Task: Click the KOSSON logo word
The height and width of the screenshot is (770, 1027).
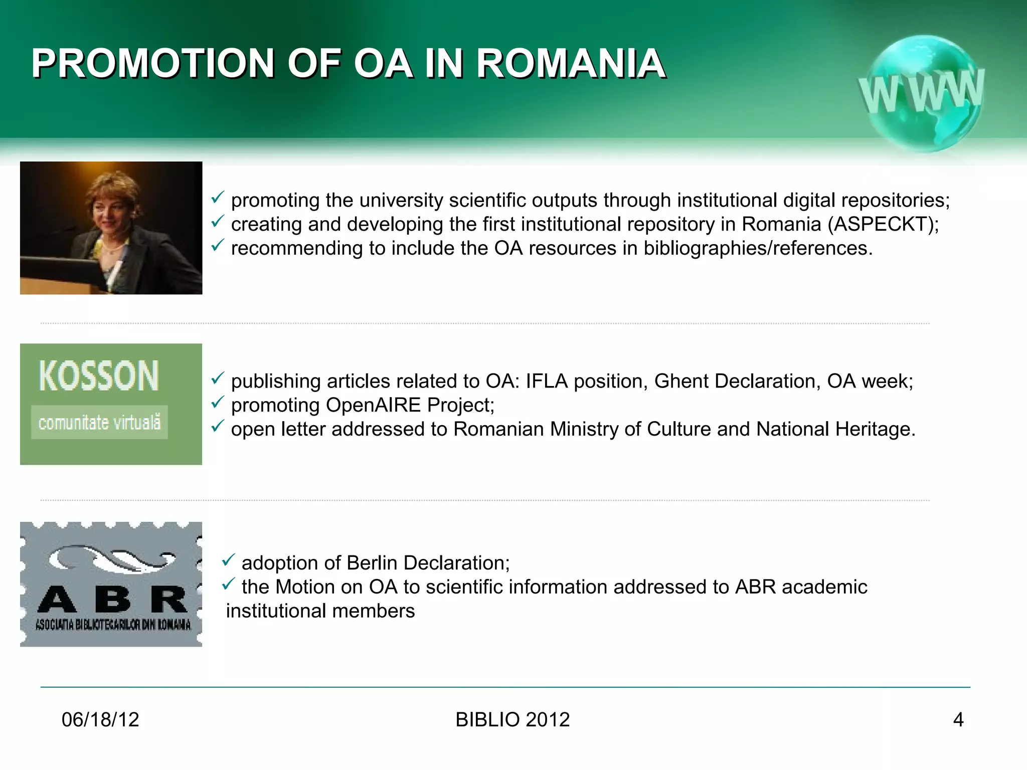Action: click(99, 375)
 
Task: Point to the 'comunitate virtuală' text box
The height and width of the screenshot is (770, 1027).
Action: click(99, 422)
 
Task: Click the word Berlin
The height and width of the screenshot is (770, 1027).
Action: click(372, 563)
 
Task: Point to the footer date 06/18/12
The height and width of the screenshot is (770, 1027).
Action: click(100, 719)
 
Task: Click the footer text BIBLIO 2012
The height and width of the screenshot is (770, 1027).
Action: click(512, 719)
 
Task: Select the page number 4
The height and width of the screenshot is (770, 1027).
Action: click(958, 719)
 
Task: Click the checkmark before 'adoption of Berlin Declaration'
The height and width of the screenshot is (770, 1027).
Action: click(228, 560)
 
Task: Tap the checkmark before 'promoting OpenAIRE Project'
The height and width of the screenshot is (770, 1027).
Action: click(217, 402)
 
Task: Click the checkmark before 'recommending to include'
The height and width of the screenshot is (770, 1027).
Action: click(217, 245)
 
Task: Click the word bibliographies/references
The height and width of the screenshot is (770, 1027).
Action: click(758, 248)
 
